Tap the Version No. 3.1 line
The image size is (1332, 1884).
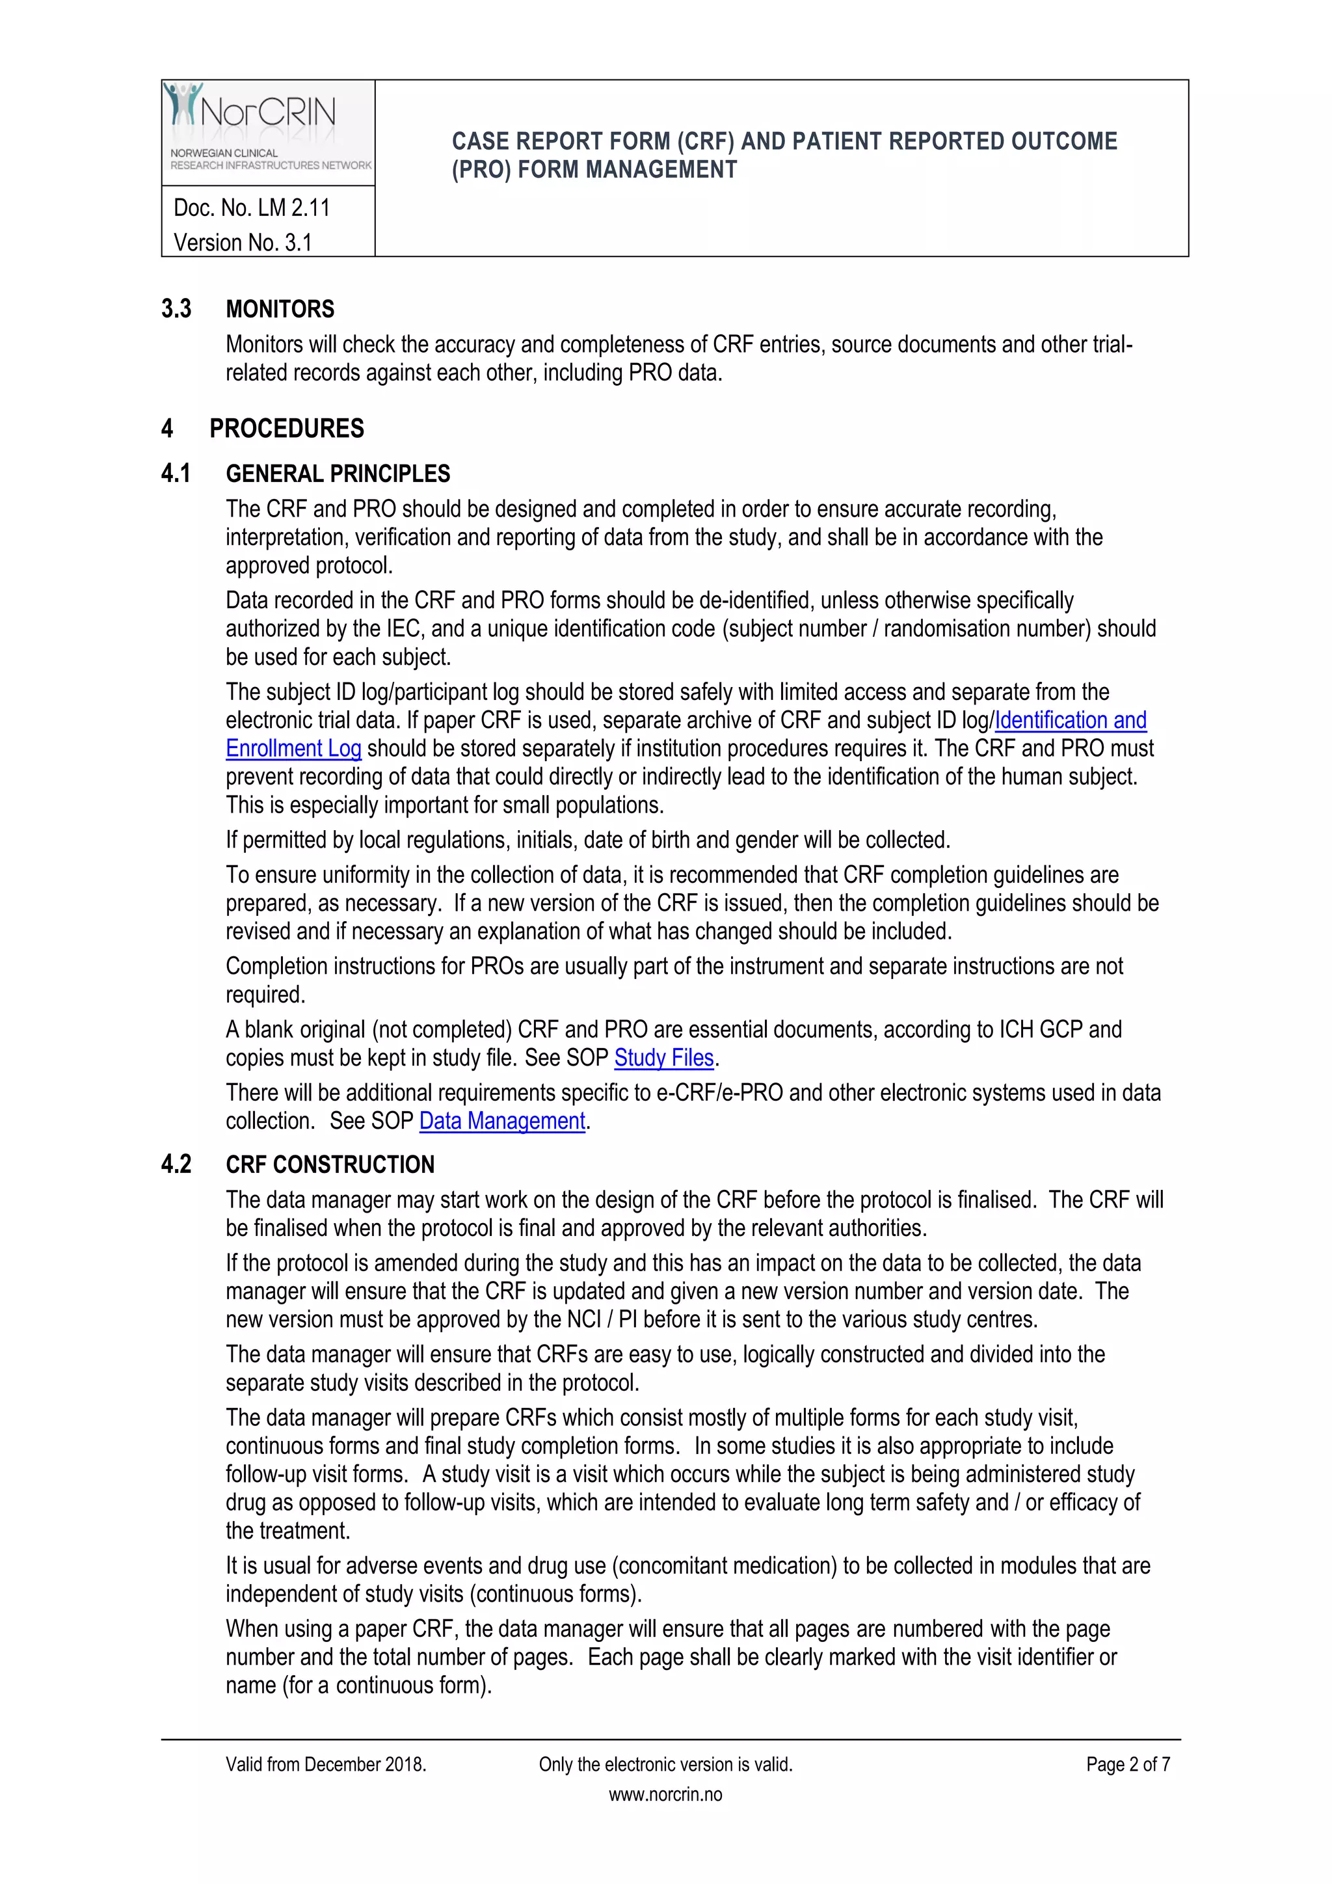coord(243,243)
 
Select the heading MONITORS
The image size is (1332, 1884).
coord(280,310)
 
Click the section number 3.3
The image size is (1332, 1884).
coord(176,310)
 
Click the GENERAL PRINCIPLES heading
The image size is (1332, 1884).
coord(338,474)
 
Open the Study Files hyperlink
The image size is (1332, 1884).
coord(663,1058)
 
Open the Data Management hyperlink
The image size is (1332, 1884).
coord(502,1121)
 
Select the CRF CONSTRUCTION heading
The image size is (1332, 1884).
coord(330,1164)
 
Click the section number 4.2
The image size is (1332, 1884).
coord(176,1164)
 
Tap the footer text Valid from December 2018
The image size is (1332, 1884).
coord(326,1764)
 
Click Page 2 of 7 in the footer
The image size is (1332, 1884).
coord(1127,1764)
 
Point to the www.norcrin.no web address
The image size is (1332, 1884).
coord(665,1795)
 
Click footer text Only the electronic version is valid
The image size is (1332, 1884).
coord(665,1764)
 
